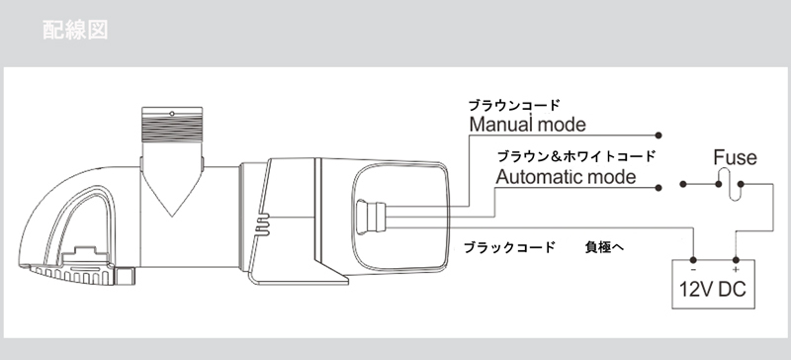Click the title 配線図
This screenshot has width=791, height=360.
tap(75, 30)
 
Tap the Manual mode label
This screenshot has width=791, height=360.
tap(528, 125)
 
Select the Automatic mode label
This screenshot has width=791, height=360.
tap(566, 177)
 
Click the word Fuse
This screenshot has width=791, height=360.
tap(735, 157)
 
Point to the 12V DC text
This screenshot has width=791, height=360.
tap(712, 290)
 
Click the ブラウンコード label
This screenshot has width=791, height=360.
tap(514, 105)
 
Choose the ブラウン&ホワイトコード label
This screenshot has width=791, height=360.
tap(576, 156)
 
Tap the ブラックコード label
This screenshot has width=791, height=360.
tap(509, 247)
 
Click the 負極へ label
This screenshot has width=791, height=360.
tap(604, 247)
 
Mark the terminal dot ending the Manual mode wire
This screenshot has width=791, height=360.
tap(659, 135)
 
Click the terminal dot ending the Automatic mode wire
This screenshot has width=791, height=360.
tap(659, 188)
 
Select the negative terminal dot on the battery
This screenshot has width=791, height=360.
tap(694, 260)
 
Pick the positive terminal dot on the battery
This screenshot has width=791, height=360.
tap(736, 260)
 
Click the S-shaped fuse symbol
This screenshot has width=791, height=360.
tap(730, 184)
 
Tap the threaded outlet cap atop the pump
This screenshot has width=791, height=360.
tap(172, 125)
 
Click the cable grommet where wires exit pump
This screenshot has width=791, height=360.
tap(370, 218)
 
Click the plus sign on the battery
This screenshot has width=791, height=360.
tap(736, 270)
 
